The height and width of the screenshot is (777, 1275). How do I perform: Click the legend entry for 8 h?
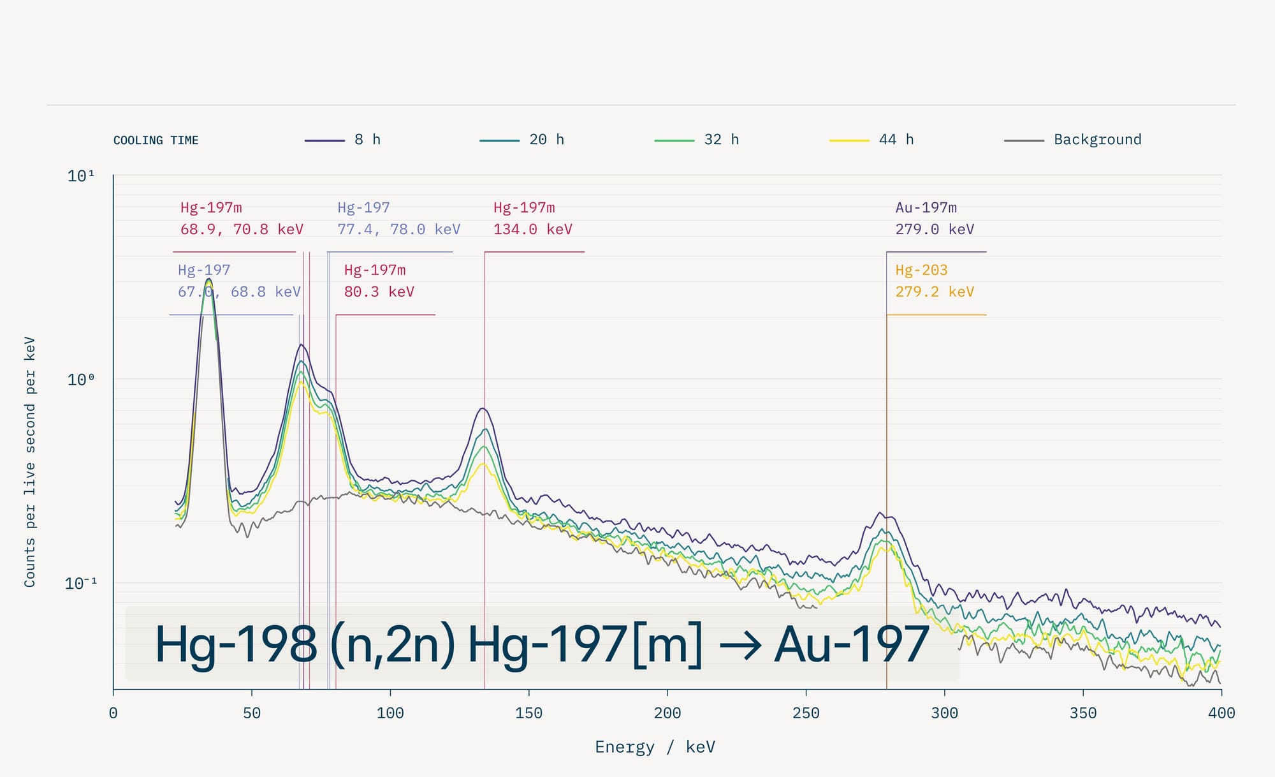[x=342, y=140]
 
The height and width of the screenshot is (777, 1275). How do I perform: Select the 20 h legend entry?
[x=521, y=140]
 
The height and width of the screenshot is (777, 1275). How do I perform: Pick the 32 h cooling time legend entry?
[x=697, y=140]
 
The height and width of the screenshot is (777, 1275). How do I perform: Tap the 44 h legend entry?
[x=871, y=140]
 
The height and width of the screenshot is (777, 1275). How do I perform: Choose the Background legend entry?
[x=1072, y=140]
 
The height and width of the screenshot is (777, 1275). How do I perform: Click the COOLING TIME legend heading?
[x=156, y=140]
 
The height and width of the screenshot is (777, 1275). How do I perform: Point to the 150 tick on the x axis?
[x=528, y=713]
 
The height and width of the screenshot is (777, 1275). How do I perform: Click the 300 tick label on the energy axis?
[x=944, y=713]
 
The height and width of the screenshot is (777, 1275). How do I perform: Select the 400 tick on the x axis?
[x=1221, y=713]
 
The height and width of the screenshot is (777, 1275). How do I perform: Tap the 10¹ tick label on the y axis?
[x=81, y=175]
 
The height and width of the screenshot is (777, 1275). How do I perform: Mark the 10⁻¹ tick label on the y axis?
[x=81, y=583]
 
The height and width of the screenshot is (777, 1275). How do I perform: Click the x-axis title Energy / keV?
[x=655, y=747]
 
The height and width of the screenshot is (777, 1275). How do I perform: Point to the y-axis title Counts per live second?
[x=30, y=462]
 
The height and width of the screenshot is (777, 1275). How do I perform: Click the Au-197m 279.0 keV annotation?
[x=935, y=218]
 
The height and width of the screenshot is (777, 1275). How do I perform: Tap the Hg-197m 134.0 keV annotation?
[x=533, y=218]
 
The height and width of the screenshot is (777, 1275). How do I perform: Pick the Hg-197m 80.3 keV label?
[x=379, y=281]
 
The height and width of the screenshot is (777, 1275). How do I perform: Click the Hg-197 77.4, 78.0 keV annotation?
[x=398, y=218]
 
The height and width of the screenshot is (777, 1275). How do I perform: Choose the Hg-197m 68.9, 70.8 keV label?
[x=242, y=218]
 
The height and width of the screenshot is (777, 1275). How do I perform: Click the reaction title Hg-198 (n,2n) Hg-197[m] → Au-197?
[x=542, y=644]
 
